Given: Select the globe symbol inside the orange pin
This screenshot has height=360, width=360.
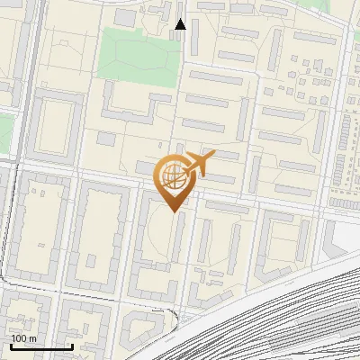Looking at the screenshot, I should (173, 175).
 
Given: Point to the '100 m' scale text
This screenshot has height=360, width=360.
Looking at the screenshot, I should (24, 338).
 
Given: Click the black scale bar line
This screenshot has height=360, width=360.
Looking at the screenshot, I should (41, 346).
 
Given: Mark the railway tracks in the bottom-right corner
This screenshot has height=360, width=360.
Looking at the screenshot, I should (297, 315).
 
